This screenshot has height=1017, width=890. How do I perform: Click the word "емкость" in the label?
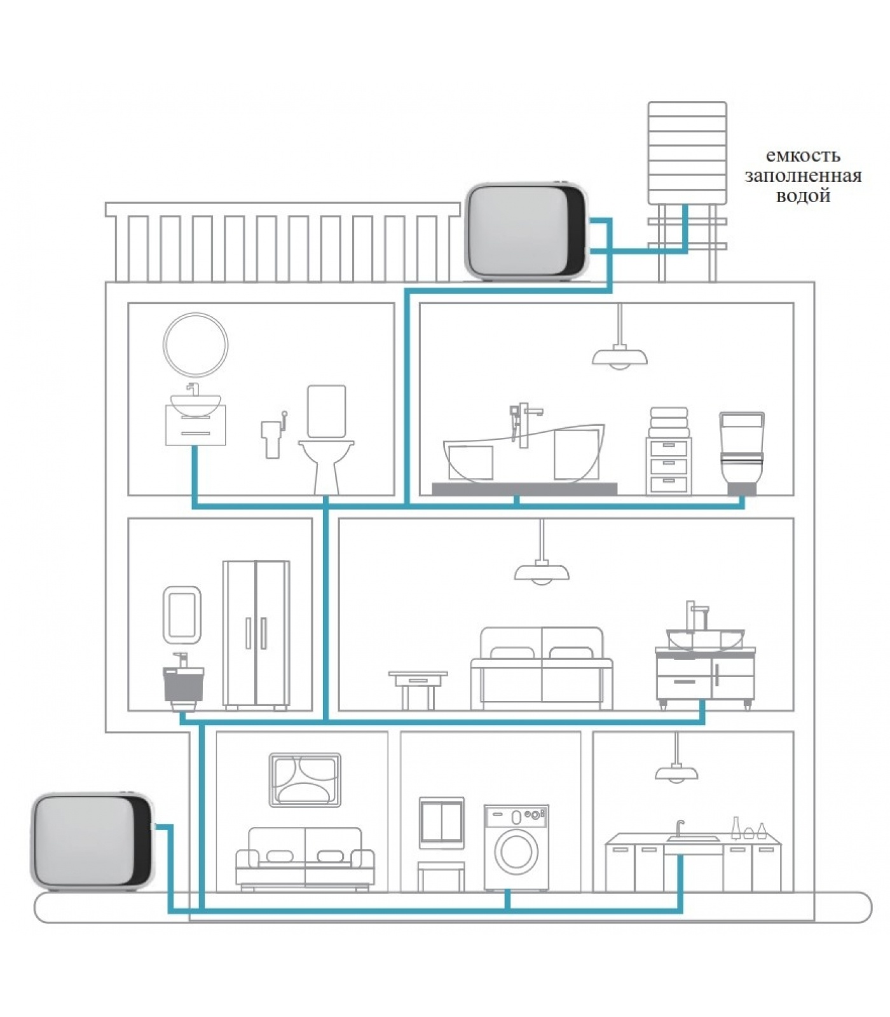[802, 156]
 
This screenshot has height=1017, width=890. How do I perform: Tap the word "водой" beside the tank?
[802, 196]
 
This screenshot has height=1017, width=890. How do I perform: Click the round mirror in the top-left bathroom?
[195, 345]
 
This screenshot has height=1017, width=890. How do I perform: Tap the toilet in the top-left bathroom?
[326, 445]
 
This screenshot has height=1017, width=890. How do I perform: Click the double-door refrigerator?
[256, 634]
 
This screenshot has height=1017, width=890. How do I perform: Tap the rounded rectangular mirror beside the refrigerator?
[182, 615]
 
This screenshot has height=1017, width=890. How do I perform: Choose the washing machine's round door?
[516, 852]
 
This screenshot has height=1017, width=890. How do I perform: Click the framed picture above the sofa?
[305, 780]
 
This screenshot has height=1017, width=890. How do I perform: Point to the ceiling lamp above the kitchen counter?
[676, 770]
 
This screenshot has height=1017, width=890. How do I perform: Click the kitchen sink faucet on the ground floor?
[680, 828]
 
